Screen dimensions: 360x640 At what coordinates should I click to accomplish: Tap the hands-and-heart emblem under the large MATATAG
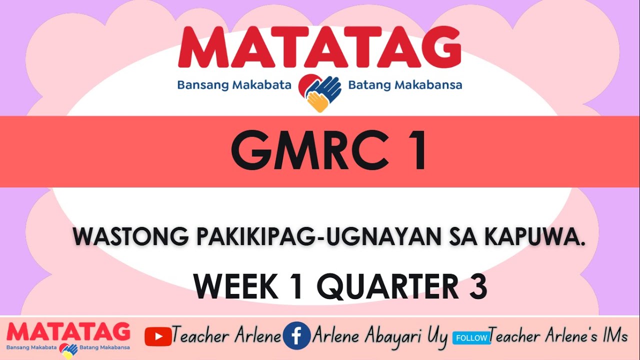point(320,91)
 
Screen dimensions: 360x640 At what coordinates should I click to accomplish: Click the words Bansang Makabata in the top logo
point(234,85)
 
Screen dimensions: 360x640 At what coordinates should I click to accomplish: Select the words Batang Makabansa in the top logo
point(405,85)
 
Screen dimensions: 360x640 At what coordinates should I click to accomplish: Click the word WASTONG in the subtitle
point(131,237)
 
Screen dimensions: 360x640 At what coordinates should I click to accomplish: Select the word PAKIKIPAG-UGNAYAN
point(316,237)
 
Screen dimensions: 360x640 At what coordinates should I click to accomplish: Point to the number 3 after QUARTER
point(478,286)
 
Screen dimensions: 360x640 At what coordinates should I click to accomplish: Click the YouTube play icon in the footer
point(158,336)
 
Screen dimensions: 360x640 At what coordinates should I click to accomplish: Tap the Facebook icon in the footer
point(296,336)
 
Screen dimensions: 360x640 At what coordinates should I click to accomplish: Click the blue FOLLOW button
point(471,338)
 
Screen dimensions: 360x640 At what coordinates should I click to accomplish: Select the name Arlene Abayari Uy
point(379,336)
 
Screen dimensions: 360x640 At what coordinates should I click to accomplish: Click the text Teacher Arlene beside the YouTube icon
point(226,336)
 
